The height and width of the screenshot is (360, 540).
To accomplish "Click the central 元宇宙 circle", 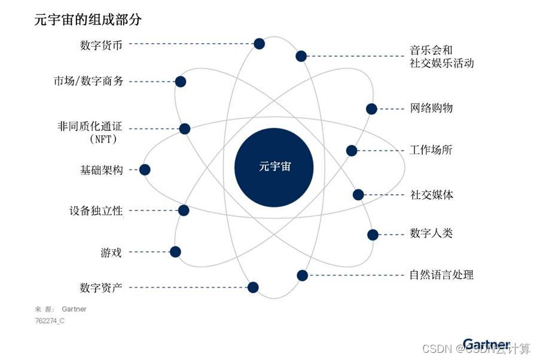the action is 274,167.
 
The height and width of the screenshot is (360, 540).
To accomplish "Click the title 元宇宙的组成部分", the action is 88,20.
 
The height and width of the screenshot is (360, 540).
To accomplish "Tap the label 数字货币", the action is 102,45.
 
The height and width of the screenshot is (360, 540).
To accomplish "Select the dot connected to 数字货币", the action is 259,43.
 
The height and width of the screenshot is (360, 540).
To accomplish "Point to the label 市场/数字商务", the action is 89,81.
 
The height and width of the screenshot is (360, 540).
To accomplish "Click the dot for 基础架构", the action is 144,170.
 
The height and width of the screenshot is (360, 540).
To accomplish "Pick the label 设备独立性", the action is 96,210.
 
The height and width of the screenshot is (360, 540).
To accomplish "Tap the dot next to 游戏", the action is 175,252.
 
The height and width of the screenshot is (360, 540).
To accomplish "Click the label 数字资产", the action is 101,288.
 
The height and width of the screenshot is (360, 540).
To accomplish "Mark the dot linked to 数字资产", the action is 253,287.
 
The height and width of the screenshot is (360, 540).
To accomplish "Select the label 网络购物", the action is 431,108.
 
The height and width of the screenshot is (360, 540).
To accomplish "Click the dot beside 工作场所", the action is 352,151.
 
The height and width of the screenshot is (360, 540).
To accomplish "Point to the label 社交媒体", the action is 432,195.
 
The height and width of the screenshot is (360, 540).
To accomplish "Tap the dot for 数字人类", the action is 373,234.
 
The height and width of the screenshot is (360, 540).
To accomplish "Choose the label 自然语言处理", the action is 441,275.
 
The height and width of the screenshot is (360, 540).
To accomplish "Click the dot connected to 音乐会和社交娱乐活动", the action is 301,56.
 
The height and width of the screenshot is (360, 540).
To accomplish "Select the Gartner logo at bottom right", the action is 486,344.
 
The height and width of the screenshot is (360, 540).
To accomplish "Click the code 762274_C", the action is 50,321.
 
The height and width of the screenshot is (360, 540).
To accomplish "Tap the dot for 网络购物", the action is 371,109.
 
